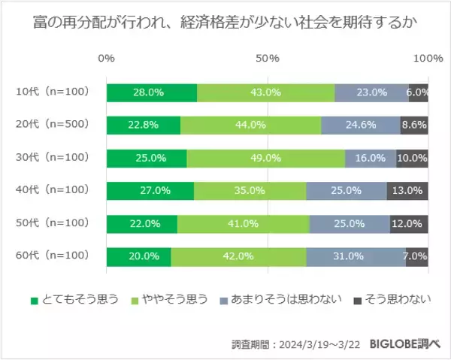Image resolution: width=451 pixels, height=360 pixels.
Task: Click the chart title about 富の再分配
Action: click(225, 24)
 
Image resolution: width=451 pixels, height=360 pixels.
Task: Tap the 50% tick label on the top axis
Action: click(268, 59)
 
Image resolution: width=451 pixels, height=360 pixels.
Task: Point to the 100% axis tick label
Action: click(429, 59)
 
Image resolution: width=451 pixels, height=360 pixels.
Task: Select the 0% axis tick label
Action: click(107, 59)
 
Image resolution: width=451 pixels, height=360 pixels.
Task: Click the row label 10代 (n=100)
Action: click(53, 92)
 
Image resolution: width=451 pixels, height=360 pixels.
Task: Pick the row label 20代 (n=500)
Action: click(53, 126)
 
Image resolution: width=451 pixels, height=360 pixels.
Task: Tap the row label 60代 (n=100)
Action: click(53, 256)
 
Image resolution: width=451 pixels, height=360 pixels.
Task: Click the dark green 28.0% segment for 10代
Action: click(152, 92)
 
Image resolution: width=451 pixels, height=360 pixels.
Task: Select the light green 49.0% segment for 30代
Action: click(266, 159)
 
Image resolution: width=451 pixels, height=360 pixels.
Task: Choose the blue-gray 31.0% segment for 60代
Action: click(356, 256)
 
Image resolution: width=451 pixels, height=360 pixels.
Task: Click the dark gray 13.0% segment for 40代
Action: click(407, 191)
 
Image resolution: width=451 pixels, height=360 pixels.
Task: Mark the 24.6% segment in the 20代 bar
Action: click(361, 126)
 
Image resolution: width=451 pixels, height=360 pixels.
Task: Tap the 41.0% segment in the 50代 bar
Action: click(244, 224)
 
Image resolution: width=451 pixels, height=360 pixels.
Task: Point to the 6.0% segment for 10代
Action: click(418, 92)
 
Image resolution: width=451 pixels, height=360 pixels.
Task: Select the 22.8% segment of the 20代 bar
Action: click(144, 126)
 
